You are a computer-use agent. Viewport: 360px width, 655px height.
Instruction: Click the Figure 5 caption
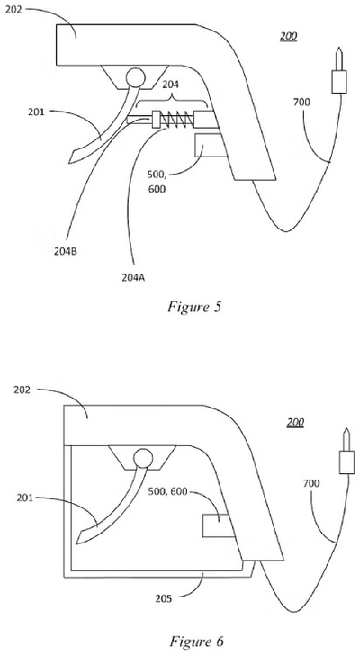click(194, 307)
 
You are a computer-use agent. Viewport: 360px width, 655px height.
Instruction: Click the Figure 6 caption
click(196, 641)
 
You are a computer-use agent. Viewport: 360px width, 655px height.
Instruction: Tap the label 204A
click(133, 277)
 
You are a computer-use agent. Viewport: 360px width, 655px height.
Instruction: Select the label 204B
click(66, 252)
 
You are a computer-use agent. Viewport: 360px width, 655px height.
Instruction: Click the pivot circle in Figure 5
click(135, 77)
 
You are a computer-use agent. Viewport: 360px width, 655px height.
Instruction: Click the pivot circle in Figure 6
click(143, 458)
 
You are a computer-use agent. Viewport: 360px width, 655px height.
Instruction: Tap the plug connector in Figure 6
click(346, 451)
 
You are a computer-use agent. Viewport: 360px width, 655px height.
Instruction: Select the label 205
click(163, 598)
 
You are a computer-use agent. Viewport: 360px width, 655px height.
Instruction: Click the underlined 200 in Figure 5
click(289, 37)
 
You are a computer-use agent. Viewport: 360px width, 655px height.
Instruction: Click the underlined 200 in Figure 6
click(295, 422)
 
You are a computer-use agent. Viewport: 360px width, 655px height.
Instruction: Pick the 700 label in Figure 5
click(301, 102)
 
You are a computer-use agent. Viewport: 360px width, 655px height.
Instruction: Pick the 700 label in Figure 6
click(311, 483)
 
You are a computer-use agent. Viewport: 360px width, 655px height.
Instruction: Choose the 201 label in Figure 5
click(37, 112)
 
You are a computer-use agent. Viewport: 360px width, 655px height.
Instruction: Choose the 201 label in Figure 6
click(25, 498)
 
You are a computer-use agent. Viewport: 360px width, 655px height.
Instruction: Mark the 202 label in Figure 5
click(13, 10)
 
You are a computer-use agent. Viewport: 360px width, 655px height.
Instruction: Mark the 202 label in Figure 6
click(22, 390)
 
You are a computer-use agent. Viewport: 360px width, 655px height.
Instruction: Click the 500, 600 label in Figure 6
click(168, 491)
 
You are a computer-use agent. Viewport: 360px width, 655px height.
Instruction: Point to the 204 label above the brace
click(170, 85)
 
